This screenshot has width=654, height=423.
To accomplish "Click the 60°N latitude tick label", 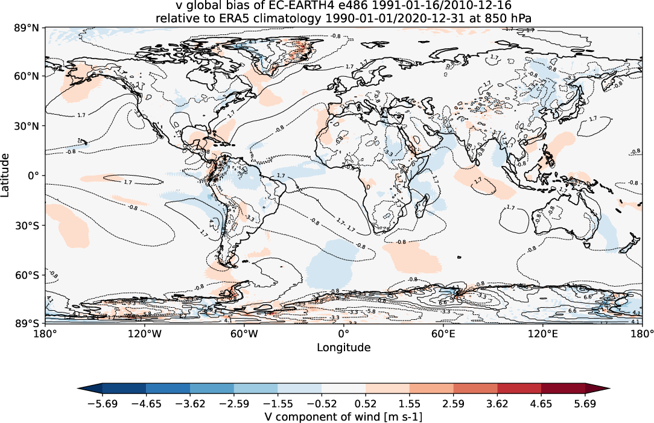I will (27, 76).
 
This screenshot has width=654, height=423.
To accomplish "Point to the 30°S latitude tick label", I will (27, 225).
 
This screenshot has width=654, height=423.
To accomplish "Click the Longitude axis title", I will (343, 348).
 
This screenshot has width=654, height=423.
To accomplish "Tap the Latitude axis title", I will (6, 175).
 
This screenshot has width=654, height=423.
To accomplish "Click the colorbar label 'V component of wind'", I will (343, 417).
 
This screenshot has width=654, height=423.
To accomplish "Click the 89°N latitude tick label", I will (27, 28).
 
